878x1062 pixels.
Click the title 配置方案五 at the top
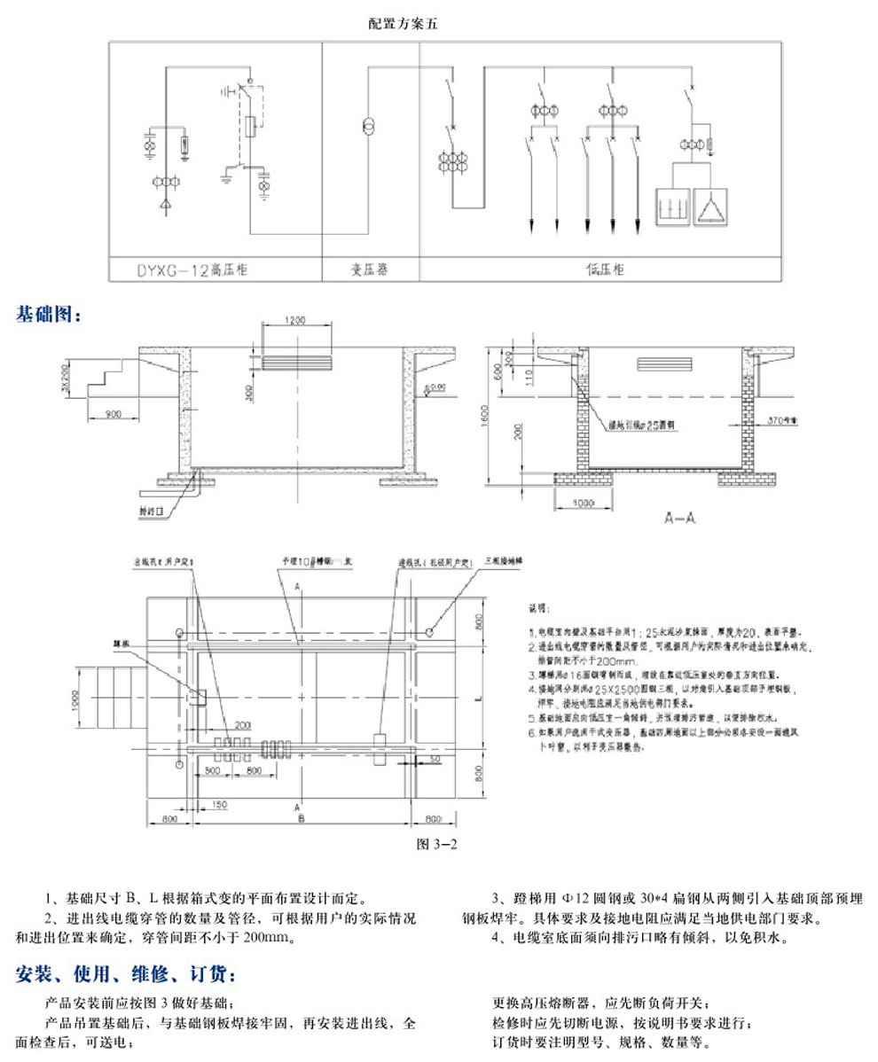403,25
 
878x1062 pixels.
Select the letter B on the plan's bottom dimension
302,820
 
